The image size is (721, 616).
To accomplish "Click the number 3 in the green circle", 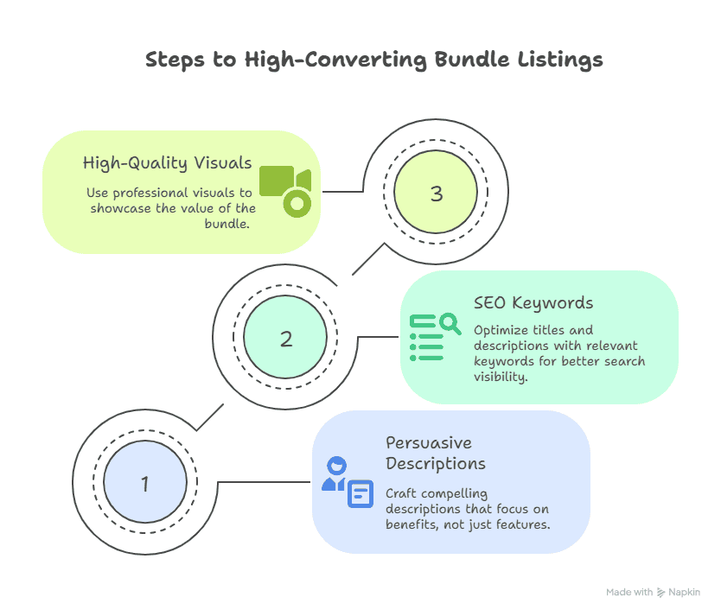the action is pos(437,194).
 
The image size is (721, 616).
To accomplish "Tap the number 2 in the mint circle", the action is pos(286,339).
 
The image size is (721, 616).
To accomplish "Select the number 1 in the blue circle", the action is pos(145,484).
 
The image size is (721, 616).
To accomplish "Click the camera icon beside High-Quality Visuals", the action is pos(285,191).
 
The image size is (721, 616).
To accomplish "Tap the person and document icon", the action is pos(348,482).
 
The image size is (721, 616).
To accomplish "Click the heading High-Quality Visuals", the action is pos(168,163).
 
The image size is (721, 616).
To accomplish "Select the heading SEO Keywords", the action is pos(533,303).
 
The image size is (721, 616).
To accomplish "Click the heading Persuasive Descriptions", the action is pos(436,453).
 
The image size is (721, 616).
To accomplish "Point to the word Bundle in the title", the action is pos(472,60).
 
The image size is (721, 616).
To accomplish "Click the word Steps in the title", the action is pos(175,60).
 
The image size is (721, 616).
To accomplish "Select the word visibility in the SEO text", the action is pos(501,377).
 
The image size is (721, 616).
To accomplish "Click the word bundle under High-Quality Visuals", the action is pos(227,224).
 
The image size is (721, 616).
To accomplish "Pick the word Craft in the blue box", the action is pos(400,493).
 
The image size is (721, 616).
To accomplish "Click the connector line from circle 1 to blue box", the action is pos(264,482).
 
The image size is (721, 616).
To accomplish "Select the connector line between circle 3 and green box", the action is pos(343,191).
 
